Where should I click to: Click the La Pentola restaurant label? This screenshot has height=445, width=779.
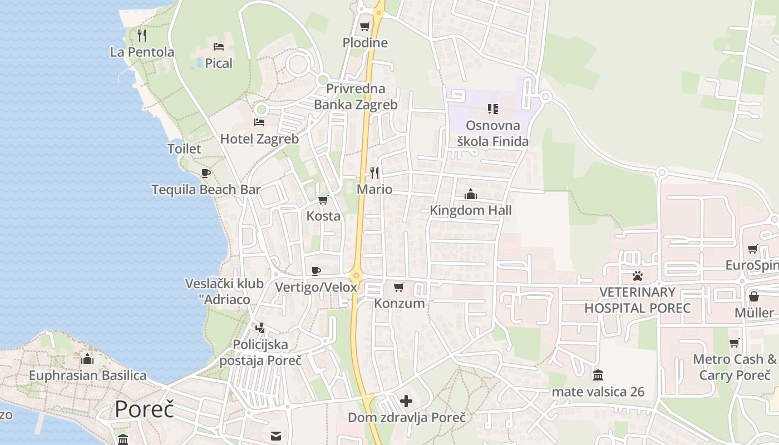click(142, 52)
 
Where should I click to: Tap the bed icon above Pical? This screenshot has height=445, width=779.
click(219, 46)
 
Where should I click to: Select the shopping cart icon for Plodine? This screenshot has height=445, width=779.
click(365, 26)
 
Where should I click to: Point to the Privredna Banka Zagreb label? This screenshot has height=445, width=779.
click(356, 97)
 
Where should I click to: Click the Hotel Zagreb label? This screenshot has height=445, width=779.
click(259, 139)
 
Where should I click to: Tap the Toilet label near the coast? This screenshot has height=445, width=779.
click(184, 149)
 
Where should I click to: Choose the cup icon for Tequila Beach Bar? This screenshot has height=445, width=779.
click(206, 173)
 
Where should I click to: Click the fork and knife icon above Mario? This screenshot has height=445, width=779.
click(374, 173)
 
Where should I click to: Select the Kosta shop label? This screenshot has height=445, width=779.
click(323, 216)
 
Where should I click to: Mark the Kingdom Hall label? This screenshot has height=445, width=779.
click(471, 211)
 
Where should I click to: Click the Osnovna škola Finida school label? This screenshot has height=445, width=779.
click(493, 133)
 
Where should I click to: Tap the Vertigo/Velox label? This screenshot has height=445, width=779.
click(316, 288)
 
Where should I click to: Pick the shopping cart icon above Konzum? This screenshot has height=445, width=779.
click(398, 288)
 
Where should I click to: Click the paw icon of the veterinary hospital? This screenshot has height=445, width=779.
click(637, 275)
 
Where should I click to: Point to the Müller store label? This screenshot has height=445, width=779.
click(754, 313)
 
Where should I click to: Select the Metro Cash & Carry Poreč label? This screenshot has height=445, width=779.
click(734, 367)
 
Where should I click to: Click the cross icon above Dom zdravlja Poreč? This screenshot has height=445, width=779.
click(406, 400)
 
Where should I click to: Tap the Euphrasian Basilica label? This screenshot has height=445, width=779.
click(87, 375)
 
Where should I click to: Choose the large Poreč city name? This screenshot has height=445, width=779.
click(145, 409)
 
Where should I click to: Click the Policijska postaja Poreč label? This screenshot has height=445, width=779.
click(260, 353)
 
